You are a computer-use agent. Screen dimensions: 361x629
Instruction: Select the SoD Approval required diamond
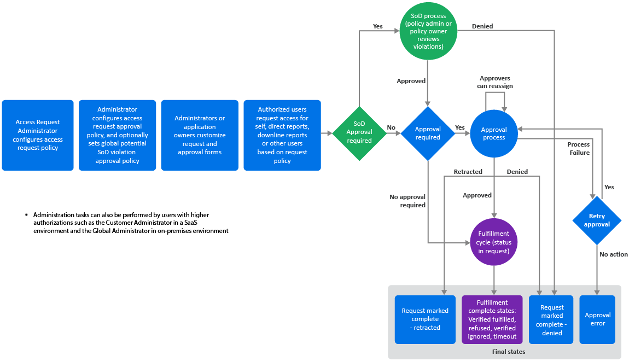(359, 132)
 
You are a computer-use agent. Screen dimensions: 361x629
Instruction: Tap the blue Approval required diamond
(428, 133)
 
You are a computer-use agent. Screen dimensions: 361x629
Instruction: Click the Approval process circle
(494, 133)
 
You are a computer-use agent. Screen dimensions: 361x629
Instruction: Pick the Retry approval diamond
(597, 220)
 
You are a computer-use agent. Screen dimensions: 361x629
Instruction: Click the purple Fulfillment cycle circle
(494, 242)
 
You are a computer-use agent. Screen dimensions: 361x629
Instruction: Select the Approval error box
(597, 319)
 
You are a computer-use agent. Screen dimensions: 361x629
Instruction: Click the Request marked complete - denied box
(552, 320)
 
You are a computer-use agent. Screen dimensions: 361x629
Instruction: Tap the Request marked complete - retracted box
(425, 319)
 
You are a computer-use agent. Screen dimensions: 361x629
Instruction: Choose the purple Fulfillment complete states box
(492, 319)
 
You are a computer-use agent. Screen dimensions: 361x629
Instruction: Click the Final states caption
(505, 352)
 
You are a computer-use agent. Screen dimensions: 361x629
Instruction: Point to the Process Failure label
(578, 149)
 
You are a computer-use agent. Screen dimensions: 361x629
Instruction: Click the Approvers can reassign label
(495, 82)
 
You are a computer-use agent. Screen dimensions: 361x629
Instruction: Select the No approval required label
(407, 201)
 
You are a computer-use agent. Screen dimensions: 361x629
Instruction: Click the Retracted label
(468, 172)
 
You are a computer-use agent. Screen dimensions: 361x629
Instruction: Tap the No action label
(614, 254)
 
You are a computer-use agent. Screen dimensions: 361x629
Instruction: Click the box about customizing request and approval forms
(200, 135)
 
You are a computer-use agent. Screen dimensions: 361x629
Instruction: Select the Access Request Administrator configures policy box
(38, 135)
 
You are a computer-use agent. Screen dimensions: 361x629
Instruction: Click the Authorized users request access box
(282, 135)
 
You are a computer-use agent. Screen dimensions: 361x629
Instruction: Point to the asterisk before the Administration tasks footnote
(26, 216)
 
